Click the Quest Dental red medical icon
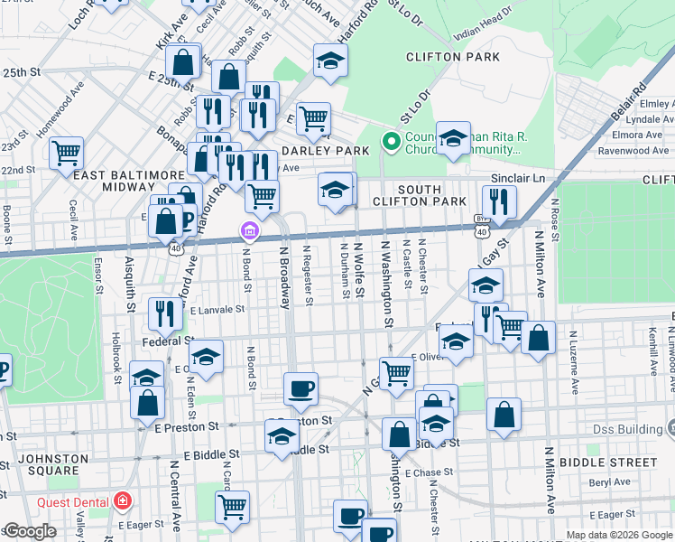(x=122, y=501)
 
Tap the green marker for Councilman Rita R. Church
(x=391, y=142)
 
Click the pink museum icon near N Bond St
(x=249, y=233)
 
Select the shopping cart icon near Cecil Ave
(x=66, y=153)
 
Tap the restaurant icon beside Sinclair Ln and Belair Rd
(x=498, y=201)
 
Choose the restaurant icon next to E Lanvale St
(x=163, y=312)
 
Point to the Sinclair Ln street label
(x=518, y=179)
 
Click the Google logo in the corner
(x=29, y=531)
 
